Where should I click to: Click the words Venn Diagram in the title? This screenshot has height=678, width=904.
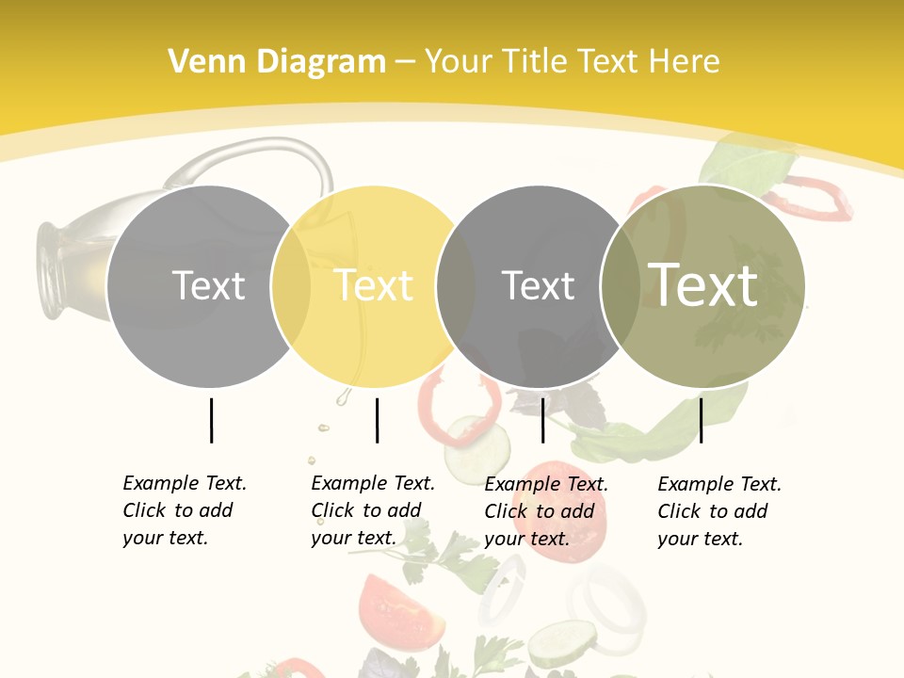tap(277, 62)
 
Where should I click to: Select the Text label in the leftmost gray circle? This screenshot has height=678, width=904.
tap(208, 285)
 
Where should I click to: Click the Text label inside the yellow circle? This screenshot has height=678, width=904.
tap(373, 285)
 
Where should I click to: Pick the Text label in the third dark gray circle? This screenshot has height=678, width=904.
tap(538, 285)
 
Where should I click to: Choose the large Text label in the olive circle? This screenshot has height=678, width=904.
tap(703, 284)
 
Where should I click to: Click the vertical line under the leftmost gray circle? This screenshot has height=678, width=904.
tap(211, 420)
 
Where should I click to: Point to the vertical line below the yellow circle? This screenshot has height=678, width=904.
tap(377, 420)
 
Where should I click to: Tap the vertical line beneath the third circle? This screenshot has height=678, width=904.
tap(542, 420)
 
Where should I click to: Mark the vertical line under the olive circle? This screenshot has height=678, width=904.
tap(701, 420)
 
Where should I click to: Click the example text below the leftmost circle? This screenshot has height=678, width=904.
tap(184, 510)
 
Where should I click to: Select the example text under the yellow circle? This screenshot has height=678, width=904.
tap(372, 510)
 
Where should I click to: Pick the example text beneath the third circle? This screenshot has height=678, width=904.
tap(545, 511)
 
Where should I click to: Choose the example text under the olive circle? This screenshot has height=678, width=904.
tap(718, 511)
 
